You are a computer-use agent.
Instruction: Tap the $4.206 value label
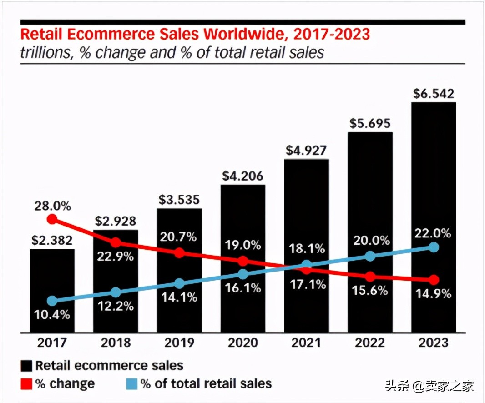click(243, 176)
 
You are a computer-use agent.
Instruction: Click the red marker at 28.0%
click(52, 219)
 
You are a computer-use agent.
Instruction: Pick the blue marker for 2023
click(434, 247)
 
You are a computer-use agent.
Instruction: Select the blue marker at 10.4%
click(52, 301)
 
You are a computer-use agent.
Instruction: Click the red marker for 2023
click(434, 279)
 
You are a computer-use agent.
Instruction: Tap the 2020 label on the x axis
click(243, 343)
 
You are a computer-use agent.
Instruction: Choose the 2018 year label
click(116, 343)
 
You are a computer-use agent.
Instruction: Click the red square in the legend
click(26, 384)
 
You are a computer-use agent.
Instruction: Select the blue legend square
click(132, 384)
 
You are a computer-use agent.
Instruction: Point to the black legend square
click(26, 366)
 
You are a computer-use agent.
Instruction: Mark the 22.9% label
click(116, 256)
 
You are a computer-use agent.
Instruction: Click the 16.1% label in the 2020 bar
click(243, 288)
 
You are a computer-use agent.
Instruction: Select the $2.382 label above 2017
click(52, 240)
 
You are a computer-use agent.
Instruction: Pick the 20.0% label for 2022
click(370, 240)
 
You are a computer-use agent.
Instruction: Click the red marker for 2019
click(179, 252)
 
